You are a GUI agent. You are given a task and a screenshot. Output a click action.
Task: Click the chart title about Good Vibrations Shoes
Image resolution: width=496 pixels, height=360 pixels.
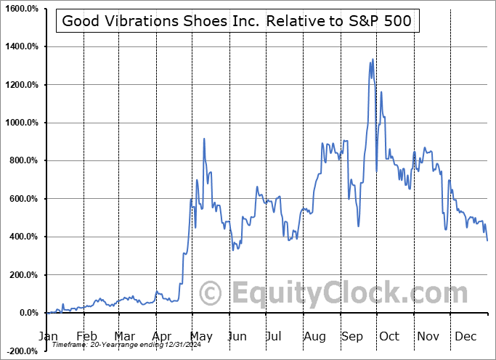pos(237,21)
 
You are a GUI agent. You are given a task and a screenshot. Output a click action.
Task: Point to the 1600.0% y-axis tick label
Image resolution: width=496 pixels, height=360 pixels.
pos(23,9)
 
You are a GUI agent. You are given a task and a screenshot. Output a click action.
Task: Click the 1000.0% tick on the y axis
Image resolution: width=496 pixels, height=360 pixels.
pos(23,123)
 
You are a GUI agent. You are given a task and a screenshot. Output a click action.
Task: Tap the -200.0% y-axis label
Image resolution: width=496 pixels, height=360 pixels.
pos(23,351)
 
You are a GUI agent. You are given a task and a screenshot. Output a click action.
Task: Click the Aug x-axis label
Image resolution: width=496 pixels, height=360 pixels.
pos(314,336)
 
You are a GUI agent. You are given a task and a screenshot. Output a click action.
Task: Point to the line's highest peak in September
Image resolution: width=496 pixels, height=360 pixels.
pos(373,60)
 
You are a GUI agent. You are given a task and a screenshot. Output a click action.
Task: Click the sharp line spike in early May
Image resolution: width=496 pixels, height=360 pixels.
pos(204,139)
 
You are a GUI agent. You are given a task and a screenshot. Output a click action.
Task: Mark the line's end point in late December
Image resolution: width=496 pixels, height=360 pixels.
pos(487,240)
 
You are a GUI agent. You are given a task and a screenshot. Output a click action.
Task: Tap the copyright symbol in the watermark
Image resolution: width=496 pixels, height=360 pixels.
pos(211,294)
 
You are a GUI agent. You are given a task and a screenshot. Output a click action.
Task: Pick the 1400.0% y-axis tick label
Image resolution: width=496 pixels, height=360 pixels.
pos(23,46)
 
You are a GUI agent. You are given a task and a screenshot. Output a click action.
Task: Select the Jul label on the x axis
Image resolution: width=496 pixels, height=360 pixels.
pos(275,336)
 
